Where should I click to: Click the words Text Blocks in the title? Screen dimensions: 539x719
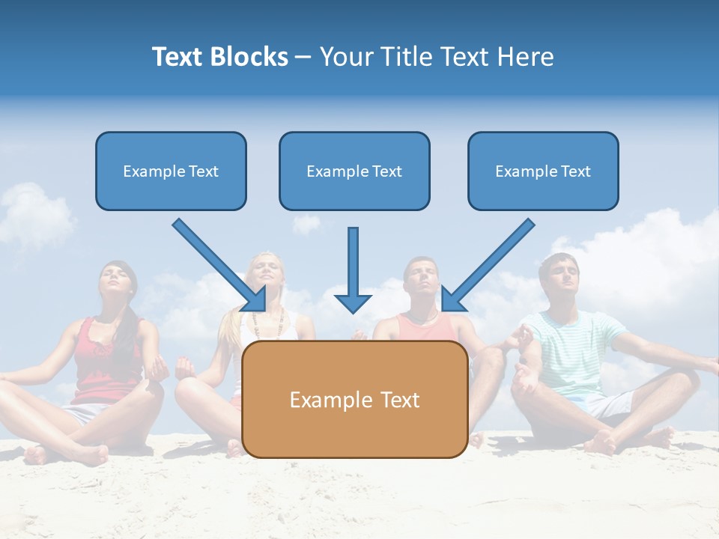tap(219, 57)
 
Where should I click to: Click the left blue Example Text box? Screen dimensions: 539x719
tap(171, 171)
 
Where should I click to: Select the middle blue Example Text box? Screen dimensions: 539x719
tap(354, 171)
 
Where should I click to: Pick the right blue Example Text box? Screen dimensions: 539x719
tap(543, 171)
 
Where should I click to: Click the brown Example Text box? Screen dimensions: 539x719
tap(354, 399)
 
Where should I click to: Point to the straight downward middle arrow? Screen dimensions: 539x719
tap(353, 269)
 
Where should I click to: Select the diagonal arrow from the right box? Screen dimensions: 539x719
tap(488, 265)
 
